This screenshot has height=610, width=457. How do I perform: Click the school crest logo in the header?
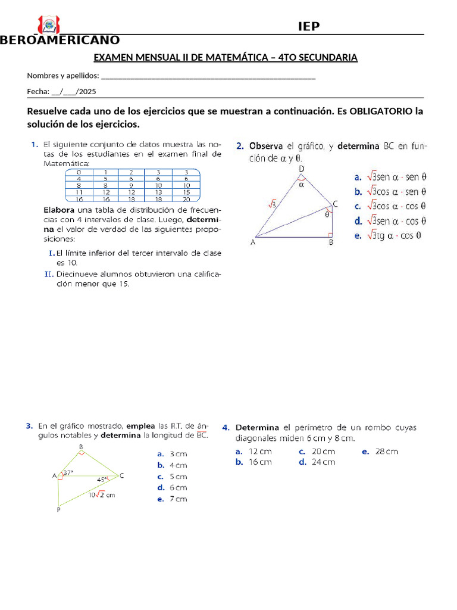pos(48,26)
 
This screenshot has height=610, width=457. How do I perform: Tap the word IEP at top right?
pos(308,26)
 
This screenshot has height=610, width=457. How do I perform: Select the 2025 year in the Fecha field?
pos(87,92)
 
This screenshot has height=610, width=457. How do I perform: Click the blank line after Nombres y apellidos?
pos(208,76)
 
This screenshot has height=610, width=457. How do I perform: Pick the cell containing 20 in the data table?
pos(186,200)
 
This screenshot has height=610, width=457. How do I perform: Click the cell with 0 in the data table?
pos(79,172)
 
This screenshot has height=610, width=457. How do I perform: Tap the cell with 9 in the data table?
pos(132,185)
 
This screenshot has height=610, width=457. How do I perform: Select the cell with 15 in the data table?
pos(186,192)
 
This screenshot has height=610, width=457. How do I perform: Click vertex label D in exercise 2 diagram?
pos(301,169)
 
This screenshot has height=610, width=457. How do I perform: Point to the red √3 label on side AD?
pos(272,204)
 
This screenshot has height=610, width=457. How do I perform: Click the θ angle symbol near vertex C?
pos(327,215)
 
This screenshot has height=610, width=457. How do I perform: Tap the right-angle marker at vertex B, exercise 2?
pos(330,234)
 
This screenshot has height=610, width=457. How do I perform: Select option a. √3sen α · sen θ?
pos(390,177)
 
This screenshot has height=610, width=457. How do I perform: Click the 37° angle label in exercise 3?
pos(68,473)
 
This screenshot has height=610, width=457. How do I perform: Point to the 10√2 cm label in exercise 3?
pos(102,494)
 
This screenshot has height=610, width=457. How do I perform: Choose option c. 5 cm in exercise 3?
pos(173,477)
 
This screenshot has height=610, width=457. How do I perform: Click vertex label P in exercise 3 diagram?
pos(58,510)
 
